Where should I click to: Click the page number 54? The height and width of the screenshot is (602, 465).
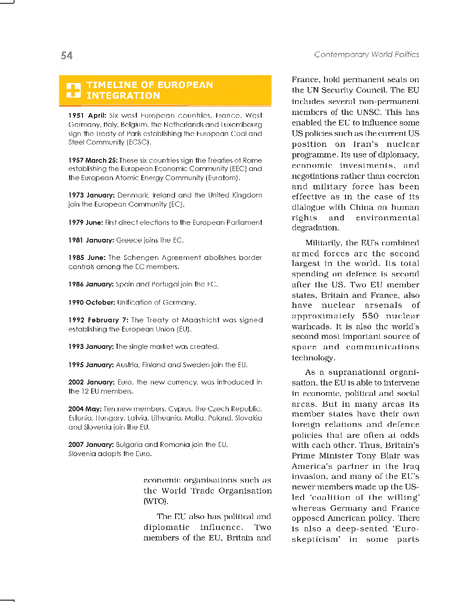(x=67, y=56)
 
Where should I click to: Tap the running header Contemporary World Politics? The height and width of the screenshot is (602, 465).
(x=366, y=54)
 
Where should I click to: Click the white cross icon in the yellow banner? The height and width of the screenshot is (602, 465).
(x=73, y=90)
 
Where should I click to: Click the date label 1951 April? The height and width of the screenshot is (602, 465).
(x=87, y=115)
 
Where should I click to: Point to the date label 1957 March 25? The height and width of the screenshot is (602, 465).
(x=93, y=160)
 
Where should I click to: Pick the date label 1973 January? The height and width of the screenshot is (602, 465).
(x=91, y=195)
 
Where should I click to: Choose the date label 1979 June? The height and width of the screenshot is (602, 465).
(x=85, y=223)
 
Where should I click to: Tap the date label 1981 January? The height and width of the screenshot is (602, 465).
(x=91, y=240)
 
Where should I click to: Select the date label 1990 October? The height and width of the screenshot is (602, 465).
(x=91, y=302)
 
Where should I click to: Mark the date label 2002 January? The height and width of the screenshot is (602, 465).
(x=91, y=382)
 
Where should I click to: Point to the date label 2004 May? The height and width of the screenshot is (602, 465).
(x=85, y=409)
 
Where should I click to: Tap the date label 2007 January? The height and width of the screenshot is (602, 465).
(x=91, y=445)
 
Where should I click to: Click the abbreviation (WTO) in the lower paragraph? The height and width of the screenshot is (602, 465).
(x=155, y=501)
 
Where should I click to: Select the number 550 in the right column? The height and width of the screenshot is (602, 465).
(x=370, y=316)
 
